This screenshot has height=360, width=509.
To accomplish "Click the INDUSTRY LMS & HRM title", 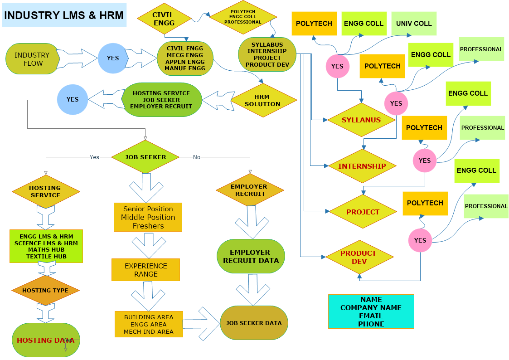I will coord(64,15).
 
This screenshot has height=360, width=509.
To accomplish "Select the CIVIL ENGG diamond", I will coord(163,19).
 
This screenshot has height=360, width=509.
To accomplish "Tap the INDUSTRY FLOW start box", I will coord(32,59).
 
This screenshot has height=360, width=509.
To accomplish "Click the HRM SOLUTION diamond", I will coord(263,100).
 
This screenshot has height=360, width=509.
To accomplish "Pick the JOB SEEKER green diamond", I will coord(145,157).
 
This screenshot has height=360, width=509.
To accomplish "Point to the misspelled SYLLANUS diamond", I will coord(361,120).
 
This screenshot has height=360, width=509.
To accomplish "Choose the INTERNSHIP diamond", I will coord(362,166).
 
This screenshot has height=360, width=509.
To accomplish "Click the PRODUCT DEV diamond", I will coord(359,257).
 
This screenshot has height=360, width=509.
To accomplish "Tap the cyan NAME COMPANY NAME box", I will coord(371,311).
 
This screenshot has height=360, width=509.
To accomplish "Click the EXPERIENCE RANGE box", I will coord(145,270).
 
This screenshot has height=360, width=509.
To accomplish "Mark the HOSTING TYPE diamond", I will coord(45,290).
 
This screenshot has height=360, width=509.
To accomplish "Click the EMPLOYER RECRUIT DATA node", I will coord(251,256).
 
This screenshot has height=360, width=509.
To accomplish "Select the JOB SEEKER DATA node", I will coord(254,323).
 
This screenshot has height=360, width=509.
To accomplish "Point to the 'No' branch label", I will coord(196,157).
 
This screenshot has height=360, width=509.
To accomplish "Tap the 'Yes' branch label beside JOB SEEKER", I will coord(94,157).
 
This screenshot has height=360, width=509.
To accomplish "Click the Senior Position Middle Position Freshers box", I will coord(148,217).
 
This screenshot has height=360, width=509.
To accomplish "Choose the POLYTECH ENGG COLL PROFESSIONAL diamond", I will coord(243,17).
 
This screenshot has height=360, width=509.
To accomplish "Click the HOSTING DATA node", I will coord(45,340).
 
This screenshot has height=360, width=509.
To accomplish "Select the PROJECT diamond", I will coord(363,212).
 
